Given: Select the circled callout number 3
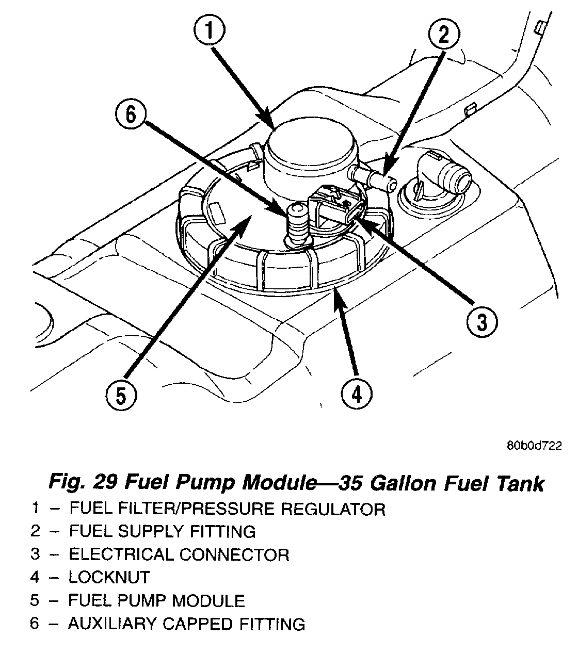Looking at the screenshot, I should pos(480,323).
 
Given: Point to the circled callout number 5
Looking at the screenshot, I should pos(120,396).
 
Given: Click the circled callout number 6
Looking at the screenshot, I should pos(130,114).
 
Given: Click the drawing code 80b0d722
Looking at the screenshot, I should pos(534,445).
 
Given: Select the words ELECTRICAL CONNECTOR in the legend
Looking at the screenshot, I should pos(179,554).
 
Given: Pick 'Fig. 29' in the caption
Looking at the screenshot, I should pos(84,483).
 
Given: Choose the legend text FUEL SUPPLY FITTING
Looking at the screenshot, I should pos(162,531).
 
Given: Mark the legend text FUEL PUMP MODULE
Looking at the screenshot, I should pos(156,600).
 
